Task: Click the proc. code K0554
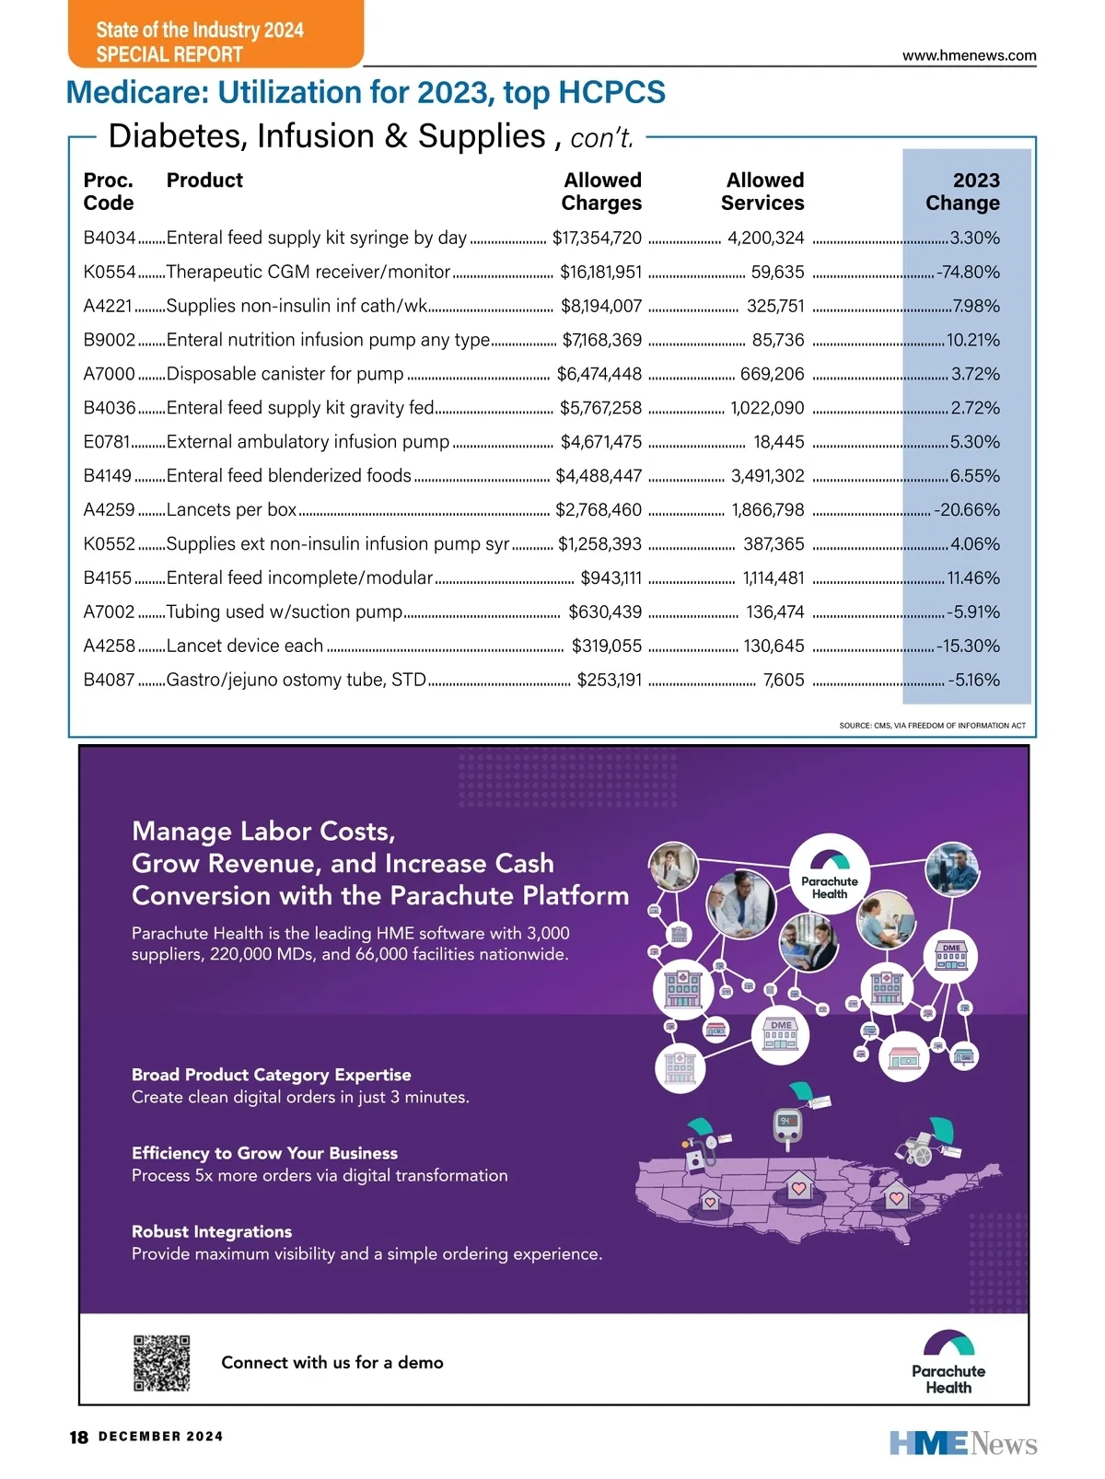tap(110, 273)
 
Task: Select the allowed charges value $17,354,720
tap(597, 239)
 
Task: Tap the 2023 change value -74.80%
tap(968, 273)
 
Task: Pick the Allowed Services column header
tap(762, 192)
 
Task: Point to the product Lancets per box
tap(231, 510)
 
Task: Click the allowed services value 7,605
tap(784, 681)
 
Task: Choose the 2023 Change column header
tap(962, 192)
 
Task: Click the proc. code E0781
tap(107, 442)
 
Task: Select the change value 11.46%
tap(973, 578)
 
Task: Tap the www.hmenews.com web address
tap(969, 55)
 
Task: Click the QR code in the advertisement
tap(162, 1363)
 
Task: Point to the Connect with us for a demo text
tap(332, 1363)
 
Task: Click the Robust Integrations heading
tap(212, 1232)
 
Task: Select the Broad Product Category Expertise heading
tap(271, 1075)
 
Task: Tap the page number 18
tap(79, 1437)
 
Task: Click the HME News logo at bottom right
tap(963, 1443)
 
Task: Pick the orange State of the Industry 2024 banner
tap(215, 35)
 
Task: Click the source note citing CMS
tap(932, 726)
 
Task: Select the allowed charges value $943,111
tap(611, 578)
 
